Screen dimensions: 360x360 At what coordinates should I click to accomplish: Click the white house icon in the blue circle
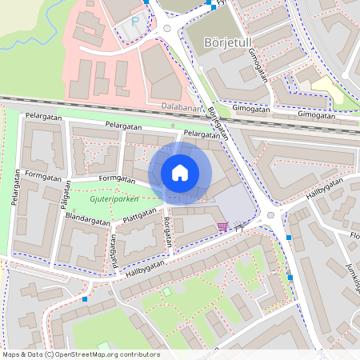180,173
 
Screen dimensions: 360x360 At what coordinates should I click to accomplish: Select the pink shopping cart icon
222,227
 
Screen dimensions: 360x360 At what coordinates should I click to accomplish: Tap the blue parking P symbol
135,22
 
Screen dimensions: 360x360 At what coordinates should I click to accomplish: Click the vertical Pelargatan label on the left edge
14,189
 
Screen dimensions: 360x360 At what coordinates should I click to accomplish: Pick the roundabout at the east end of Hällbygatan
271,214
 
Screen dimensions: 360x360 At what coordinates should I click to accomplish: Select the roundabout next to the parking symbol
166,29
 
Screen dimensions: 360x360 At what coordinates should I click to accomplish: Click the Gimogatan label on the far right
316,114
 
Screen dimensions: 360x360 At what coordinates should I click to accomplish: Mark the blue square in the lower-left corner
84,299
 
